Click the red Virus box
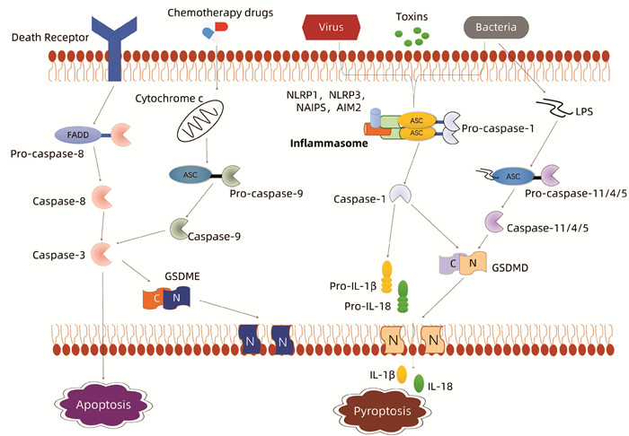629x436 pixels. pyautogui.click(x=333, y=28)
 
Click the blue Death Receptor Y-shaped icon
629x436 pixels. pyautogui.click(x=111, y=50)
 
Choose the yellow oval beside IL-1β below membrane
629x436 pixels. pyautogui.click(x=402, y=373)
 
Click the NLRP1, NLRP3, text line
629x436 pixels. pyautogui.click(x=323, y=92)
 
